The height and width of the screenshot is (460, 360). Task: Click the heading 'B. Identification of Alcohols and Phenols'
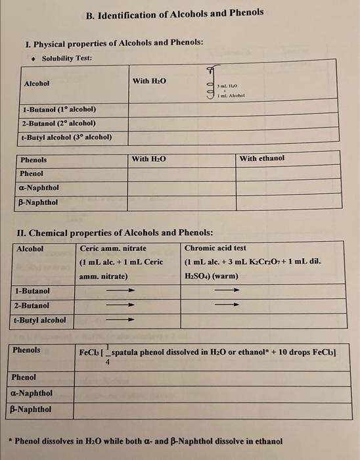click(x=175, y=12)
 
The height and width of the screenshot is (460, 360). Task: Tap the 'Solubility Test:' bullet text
click(x=66, y=58)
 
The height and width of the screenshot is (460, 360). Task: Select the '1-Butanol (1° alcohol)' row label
click(x=59, y=109)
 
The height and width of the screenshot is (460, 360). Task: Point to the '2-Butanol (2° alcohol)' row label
click(x=59, y=123)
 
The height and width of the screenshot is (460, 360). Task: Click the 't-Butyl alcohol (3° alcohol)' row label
click(x=66, y=137)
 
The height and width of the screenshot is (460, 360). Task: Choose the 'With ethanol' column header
click(x=262, y=158)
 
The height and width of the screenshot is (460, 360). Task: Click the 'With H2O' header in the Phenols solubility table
click(x=149, y=159)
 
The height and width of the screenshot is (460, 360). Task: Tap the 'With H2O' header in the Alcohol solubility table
click(x=149, y=81)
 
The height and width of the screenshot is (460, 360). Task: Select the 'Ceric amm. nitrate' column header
click(x=113, y=248)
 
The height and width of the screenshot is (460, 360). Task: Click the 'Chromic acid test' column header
click(x=215, y=248)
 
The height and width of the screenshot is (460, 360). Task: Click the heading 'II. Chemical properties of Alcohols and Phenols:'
click(x=119, y=233)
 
